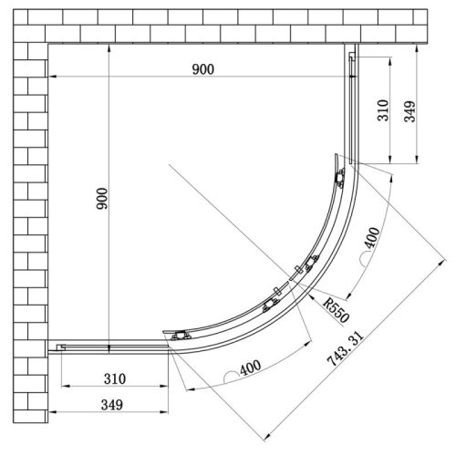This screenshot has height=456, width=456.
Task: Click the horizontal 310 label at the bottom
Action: point(115,378)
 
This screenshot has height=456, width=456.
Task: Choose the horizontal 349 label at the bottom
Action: point(115,404)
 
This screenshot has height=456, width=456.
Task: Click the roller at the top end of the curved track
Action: point(341,179)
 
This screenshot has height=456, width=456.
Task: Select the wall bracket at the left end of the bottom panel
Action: point(61,347)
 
